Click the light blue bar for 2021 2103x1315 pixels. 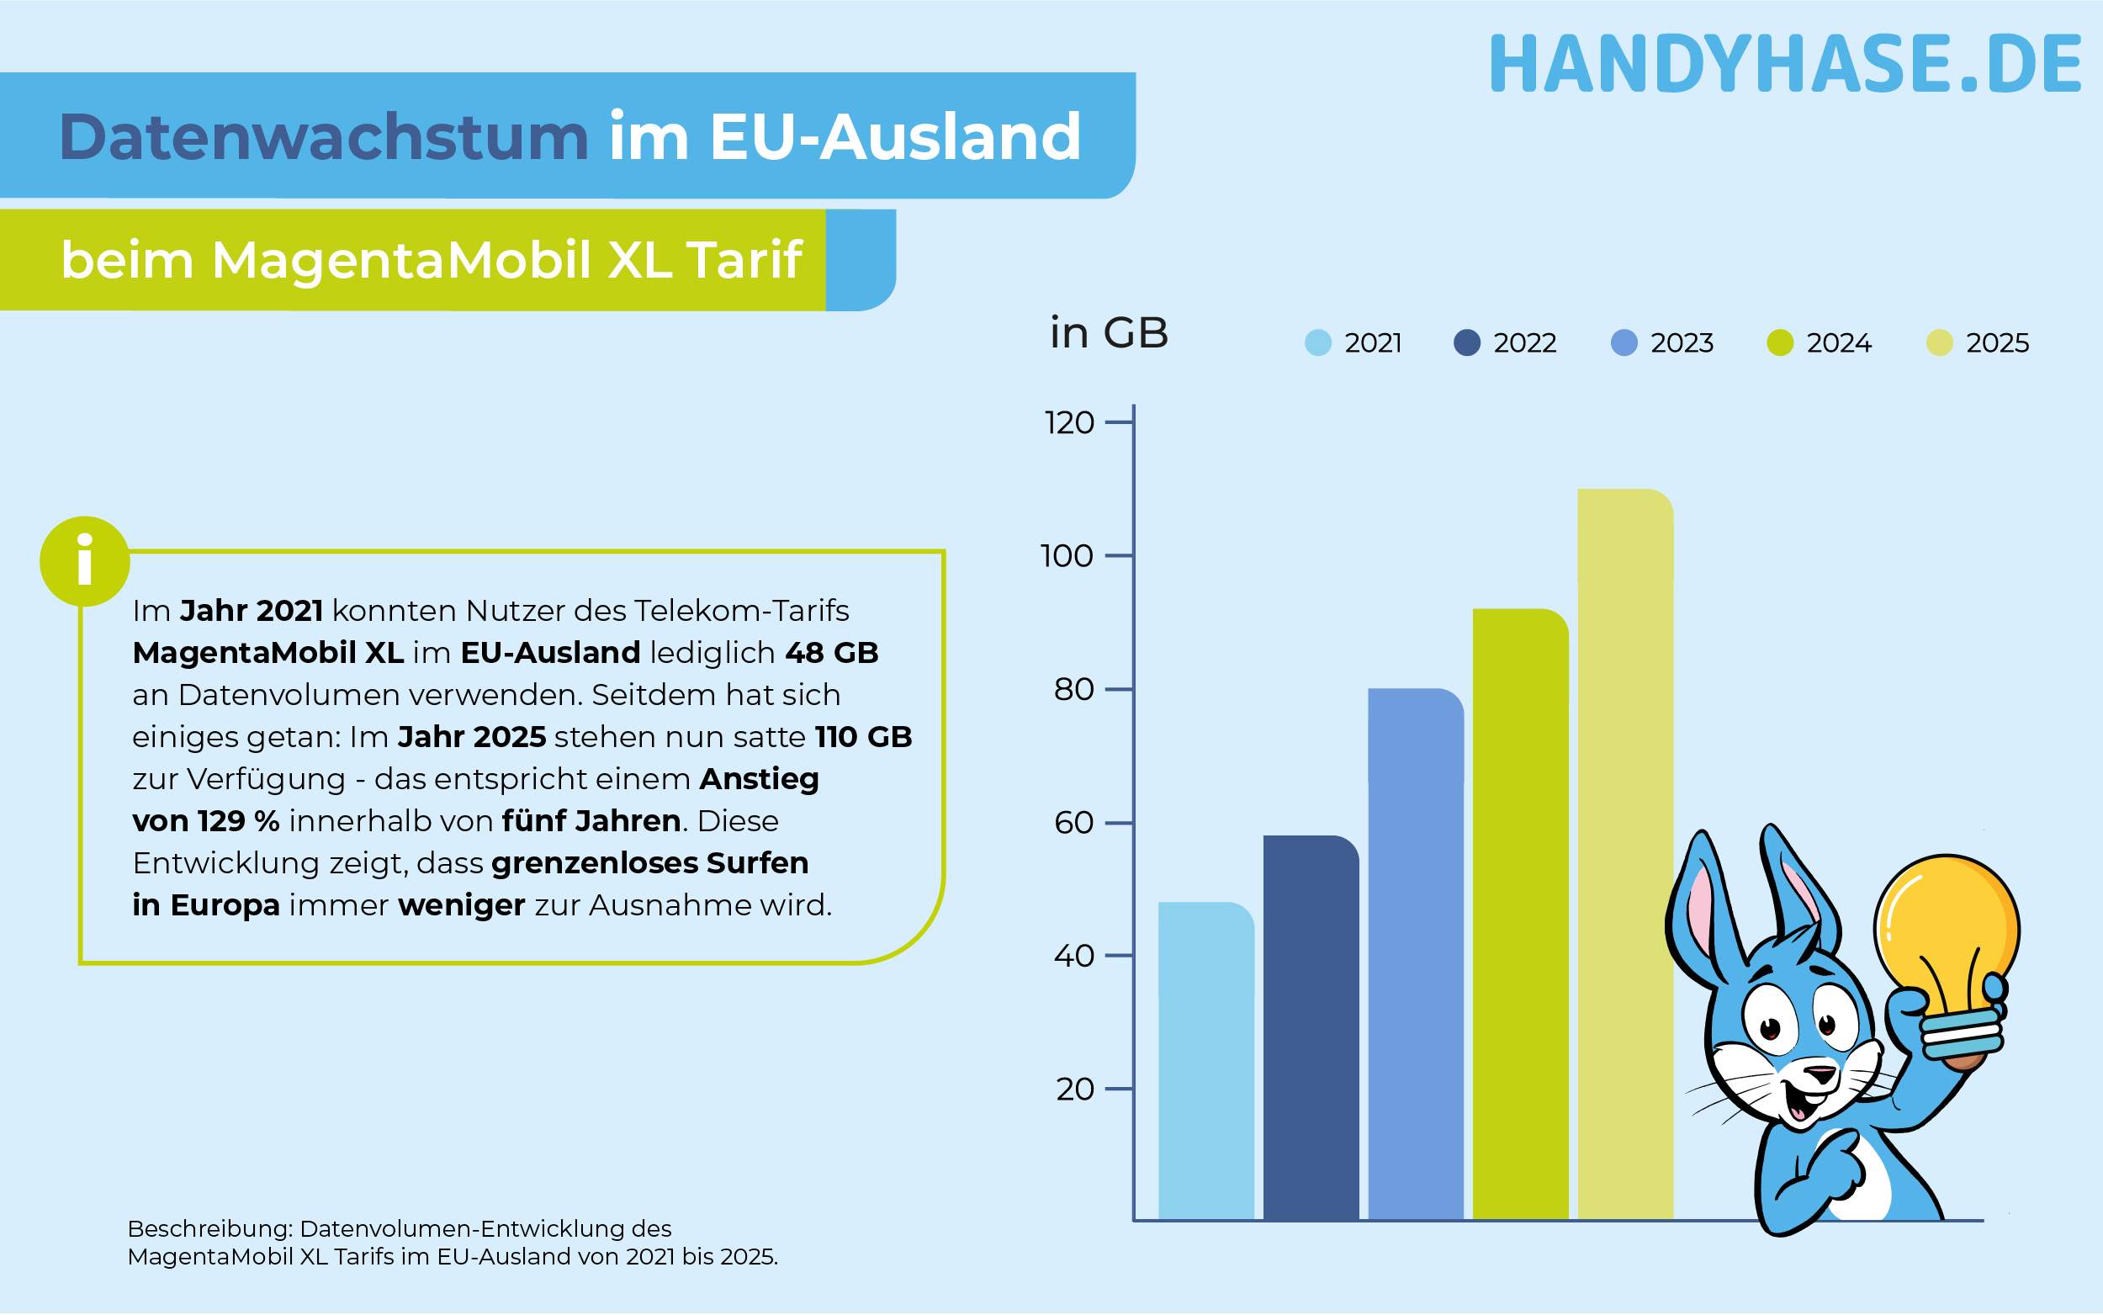pyautogui.click(x=1205, y=1061)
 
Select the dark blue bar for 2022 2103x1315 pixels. pyautogui.click(x=1310, y=1027)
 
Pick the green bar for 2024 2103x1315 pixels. pyautogui.click(x=1520, y=914)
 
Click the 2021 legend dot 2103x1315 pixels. pyautogui.click(x=1318, y=342)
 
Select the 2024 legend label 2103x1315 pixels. pyautogui.click(x=1839, y=343)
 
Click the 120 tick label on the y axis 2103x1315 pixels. pyautogui.click(x=1068, y=423)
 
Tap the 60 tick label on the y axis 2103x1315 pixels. pyautogui.click(x=1073, y=823)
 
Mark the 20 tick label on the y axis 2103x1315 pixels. pyautogui.click(x=1074, y=1089)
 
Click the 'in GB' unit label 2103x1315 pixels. pyautogui.click(x=1109, y=333)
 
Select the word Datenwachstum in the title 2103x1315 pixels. pyautogui.click(x=323, y=137)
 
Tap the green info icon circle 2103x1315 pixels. pyautogui.click(x=84, y=562)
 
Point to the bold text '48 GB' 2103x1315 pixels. pyautogui.click(x=831, y=653)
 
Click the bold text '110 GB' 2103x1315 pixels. pyautogui.click(x=863, y=738)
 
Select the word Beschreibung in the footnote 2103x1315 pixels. pyautogui.click(x=208, y=1229)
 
